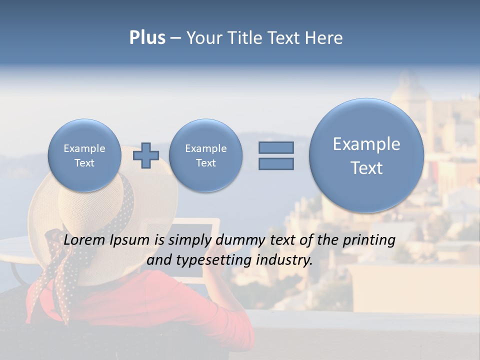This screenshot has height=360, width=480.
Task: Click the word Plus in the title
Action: pyautogui.click(x=147, y=38)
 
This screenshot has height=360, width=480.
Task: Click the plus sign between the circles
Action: pyautogui.click(x=145, y=155)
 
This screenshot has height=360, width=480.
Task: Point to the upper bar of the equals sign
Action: pyautogui.click(x=276, y=147)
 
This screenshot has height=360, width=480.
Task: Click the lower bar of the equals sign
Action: pyautogui.click(x=276, y=163)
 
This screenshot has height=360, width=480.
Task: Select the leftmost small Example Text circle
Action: pyautogui.click(x=84, y=155)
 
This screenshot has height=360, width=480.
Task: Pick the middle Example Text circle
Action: pyautogui.click(x=205, y=155)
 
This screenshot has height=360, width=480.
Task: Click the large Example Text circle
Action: pyautogui.click(x=366, y=155)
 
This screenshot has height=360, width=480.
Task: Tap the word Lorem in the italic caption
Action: pyautogui.click(x=82, y=240)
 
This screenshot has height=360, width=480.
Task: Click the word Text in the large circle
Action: pyautogui.click(x=366, y=168)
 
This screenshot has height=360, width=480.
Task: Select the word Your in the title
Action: pyautogui.click(x=204, y=38)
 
